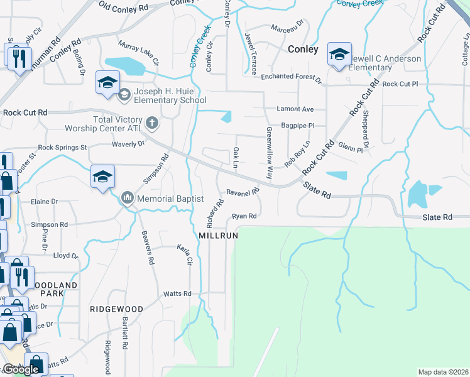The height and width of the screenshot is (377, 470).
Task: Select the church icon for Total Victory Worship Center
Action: pos(151,122)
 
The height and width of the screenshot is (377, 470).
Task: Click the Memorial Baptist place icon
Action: pos(128,199)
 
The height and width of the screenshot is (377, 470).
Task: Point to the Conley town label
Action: pos(303,49)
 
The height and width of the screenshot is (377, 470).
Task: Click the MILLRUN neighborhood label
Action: pos(218,235)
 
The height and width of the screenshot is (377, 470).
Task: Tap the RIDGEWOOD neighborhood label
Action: pos(116,309)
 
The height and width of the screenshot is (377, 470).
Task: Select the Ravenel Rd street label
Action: pos(243,192)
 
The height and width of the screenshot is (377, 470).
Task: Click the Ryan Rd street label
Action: pos(244,216)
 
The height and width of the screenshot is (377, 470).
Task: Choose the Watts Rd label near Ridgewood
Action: pos(177,293)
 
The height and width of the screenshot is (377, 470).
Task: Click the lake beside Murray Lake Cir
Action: pos(128,65)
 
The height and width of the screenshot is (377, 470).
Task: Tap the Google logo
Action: pos(21,369)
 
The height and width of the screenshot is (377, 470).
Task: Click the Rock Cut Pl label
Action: pos(400,84)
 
